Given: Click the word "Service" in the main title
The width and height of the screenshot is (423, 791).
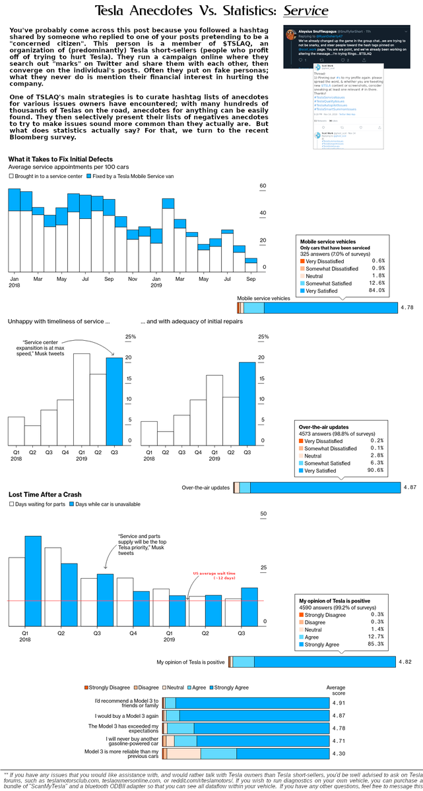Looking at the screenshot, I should (306, 11).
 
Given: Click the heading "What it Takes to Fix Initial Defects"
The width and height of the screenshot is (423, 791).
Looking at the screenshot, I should (61, 160).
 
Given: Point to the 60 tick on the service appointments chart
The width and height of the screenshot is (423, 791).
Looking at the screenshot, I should (263, 187).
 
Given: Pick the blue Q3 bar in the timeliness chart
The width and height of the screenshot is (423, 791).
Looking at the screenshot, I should (114, 401).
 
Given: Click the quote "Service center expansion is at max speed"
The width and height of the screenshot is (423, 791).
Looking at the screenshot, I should (45, 348).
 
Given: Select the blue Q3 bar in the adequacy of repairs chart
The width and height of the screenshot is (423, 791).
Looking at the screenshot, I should (247, 404).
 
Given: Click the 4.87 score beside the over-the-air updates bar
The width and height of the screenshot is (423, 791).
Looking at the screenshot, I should (410, 488).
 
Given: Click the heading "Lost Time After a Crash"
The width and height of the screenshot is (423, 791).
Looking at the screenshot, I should (46, 494).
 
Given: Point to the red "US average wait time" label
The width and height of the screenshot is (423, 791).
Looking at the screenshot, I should (214, 575).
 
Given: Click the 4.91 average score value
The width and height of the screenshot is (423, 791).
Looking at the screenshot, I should (339, 703).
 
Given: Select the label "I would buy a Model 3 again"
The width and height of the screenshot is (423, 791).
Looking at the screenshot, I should (127, 715).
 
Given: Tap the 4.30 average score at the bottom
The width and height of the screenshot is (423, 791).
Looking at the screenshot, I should (339, 753).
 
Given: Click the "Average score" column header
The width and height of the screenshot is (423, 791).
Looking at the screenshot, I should (336, 691).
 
